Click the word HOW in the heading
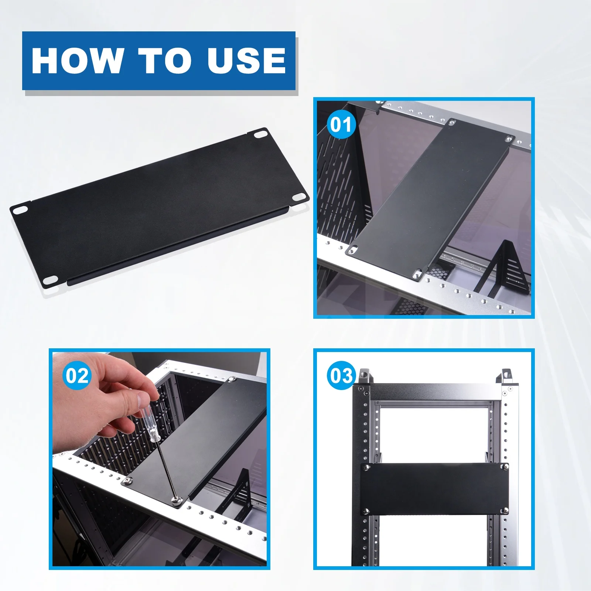(x=76, y=61)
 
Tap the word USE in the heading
(x=246, y=61)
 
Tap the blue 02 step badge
(x=77, y=376)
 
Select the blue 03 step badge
(x=341, y=376)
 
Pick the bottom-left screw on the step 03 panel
(x=366, y=511)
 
